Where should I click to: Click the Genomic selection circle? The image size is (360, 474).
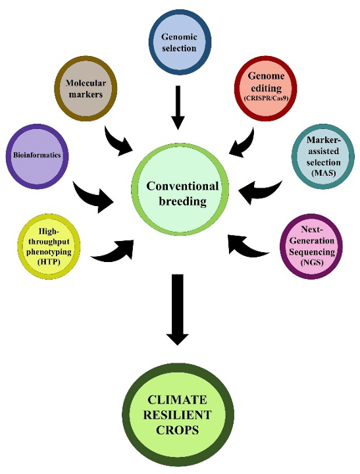(179, 42)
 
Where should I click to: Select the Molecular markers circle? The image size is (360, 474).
(86, 90)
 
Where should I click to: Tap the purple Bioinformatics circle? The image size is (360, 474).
(37, 155)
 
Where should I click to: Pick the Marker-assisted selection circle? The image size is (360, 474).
(322, 158)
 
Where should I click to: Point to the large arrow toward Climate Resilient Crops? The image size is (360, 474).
(178, 309)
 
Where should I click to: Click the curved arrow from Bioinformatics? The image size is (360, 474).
(93, 196)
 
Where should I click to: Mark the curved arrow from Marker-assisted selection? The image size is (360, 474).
(262, 190)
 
